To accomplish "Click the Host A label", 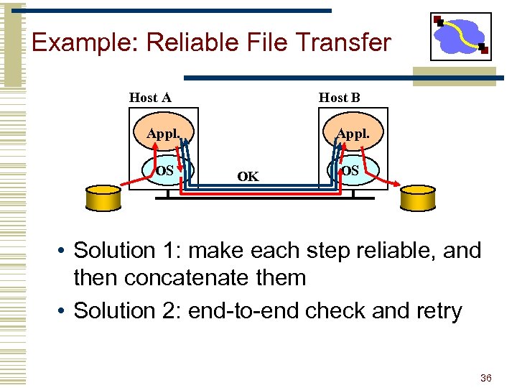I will (149, 98).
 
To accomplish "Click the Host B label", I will (339, 98).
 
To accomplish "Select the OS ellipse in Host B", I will (351, 171).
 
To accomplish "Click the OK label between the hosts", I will (248, 176).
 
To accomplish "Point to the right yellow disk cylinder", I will (418, 199).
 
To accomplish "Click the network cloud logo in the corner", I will (460, 36).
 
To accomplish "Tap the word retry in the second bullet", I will (436, 311).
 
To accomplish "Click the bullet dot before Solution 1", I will (64, 251).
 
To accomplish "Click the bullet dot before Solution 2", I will (64, 311).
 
